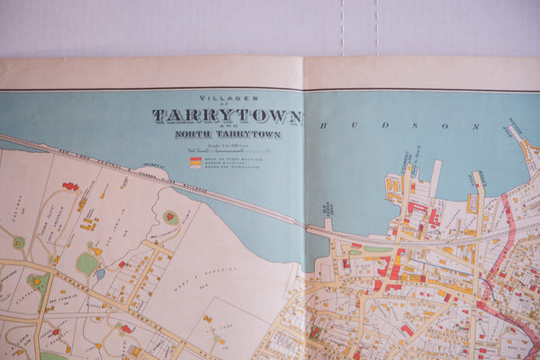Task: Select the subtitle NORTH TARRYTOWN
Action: [x=228, y=135]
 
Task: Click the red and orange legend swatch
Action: [x=194, y=163]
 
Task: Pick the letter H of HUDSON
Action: [x=323, y=126]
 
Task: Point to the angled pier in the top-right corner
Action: [x=523, y=144]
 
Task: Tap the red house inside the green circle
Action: [x=170, y=217]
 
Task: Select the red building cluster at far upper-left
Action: [x=70, y=186]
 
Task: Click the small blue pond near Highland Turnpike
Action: [x=100, y=273]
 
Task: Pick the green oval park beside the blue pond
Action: [x=86, y=264]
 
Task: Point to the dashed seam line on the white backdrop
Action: [x=343, y=27]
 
